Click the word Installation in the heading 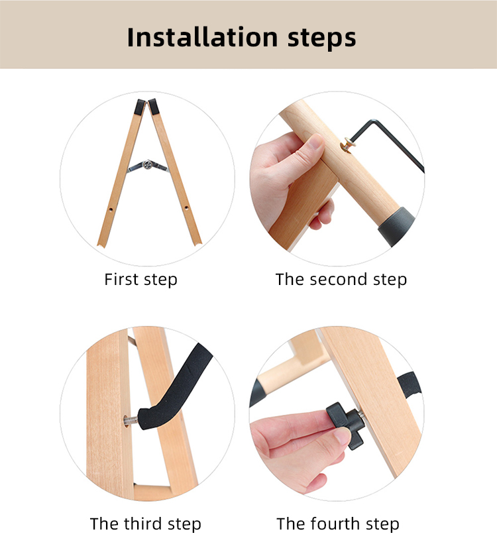(x=202, y=37)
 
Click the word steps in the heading (x=321, y=38)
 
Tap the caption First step (x=140, y=279)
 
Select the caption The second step (x=341, y=279)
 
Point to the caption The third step (x=146, y=524)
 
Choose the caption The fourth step (x=338, y=524)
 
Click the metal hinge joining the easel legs (x=148, y=166)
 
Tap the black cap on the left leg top (x=140, y=107)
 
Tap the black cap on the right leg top (x=154, y=107)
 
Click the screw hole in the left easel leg (x=111, y=209)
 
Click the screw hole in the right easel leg (x=186, y=207)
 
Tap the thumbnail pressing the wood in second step (x=316, y=141)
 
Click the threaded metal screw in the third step (x=131, y=421)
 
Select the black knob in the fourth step (x=347, y=425)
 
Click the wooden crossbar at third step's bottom (x=152, y=492)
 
